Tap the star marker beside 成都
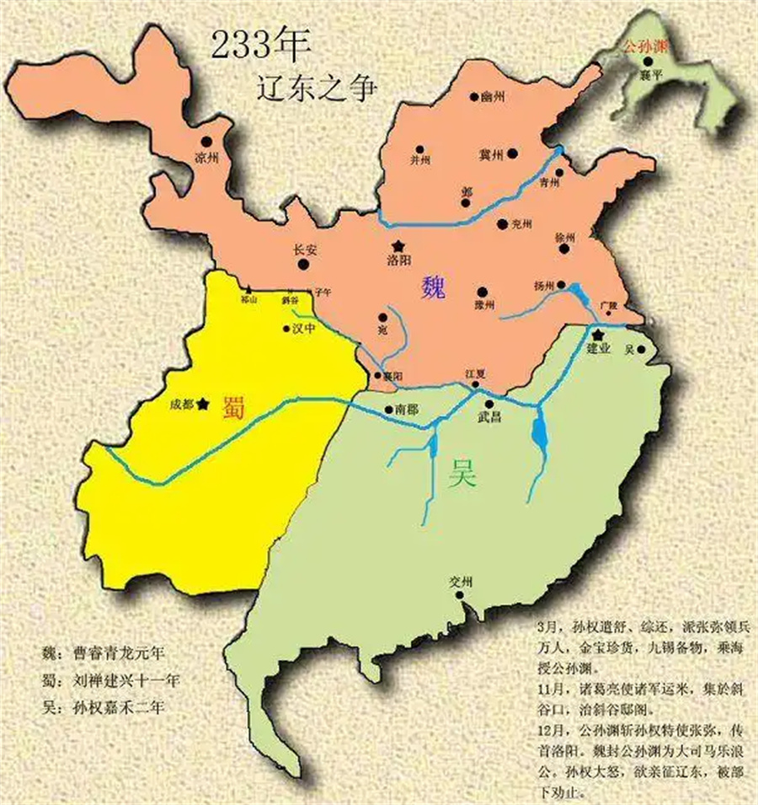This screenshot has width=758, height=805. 202,404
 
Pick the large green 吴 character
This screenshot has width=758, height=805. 462,475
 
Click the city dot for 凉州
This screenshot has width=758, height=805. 206,142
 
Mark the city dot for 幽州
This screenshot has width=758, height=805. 474,97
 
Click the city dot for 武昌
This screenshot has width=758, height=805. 488,404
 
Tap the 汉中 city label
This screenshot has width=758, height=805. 303,330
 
